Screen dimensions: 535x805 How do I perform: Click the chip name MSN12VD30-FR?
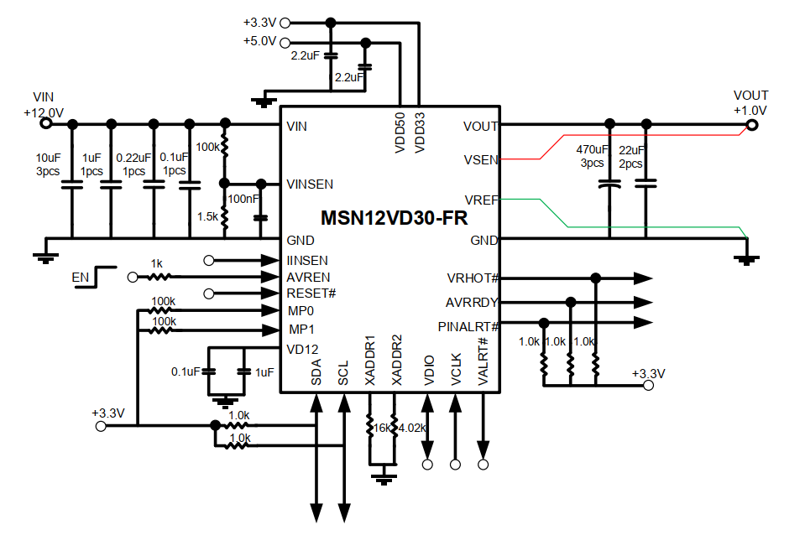(x=395, y=218)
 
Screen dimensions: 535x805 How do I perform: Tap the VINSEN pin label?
(x=310, y=184)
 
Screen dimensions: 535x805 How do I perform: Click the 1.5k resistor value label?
(x=207, y=216)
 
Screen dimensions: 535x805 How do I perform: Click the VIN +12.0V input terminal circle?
(x=46, y=124)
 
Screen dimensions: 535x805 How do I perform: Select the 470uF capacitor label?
(x=591, y=150)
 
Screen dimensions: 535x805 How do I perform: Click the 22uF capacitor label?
(x=631, y=150)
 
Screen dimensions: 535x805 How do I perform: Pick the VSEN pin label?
(x=480, y=159)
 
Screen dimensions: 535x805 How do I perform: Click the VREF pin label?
(x=480, y=200)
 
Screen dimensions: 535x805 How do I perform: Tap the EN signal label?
(x=80, y=276)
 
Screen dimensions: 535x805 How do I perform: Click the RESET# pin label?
(x=311, y=293)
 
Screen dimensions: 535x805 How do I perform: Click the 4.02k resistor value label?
(x=412, y=428)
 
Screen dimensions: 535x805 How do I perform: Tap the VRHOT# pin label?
(x=473, y=278)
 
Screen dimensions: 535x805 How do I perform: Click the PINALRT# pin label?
(x=468, y=326)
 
